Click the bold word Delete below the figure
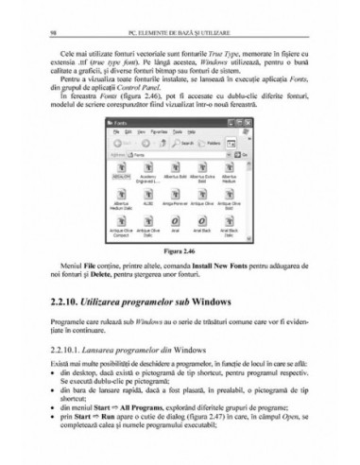[x=111, y=277]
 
